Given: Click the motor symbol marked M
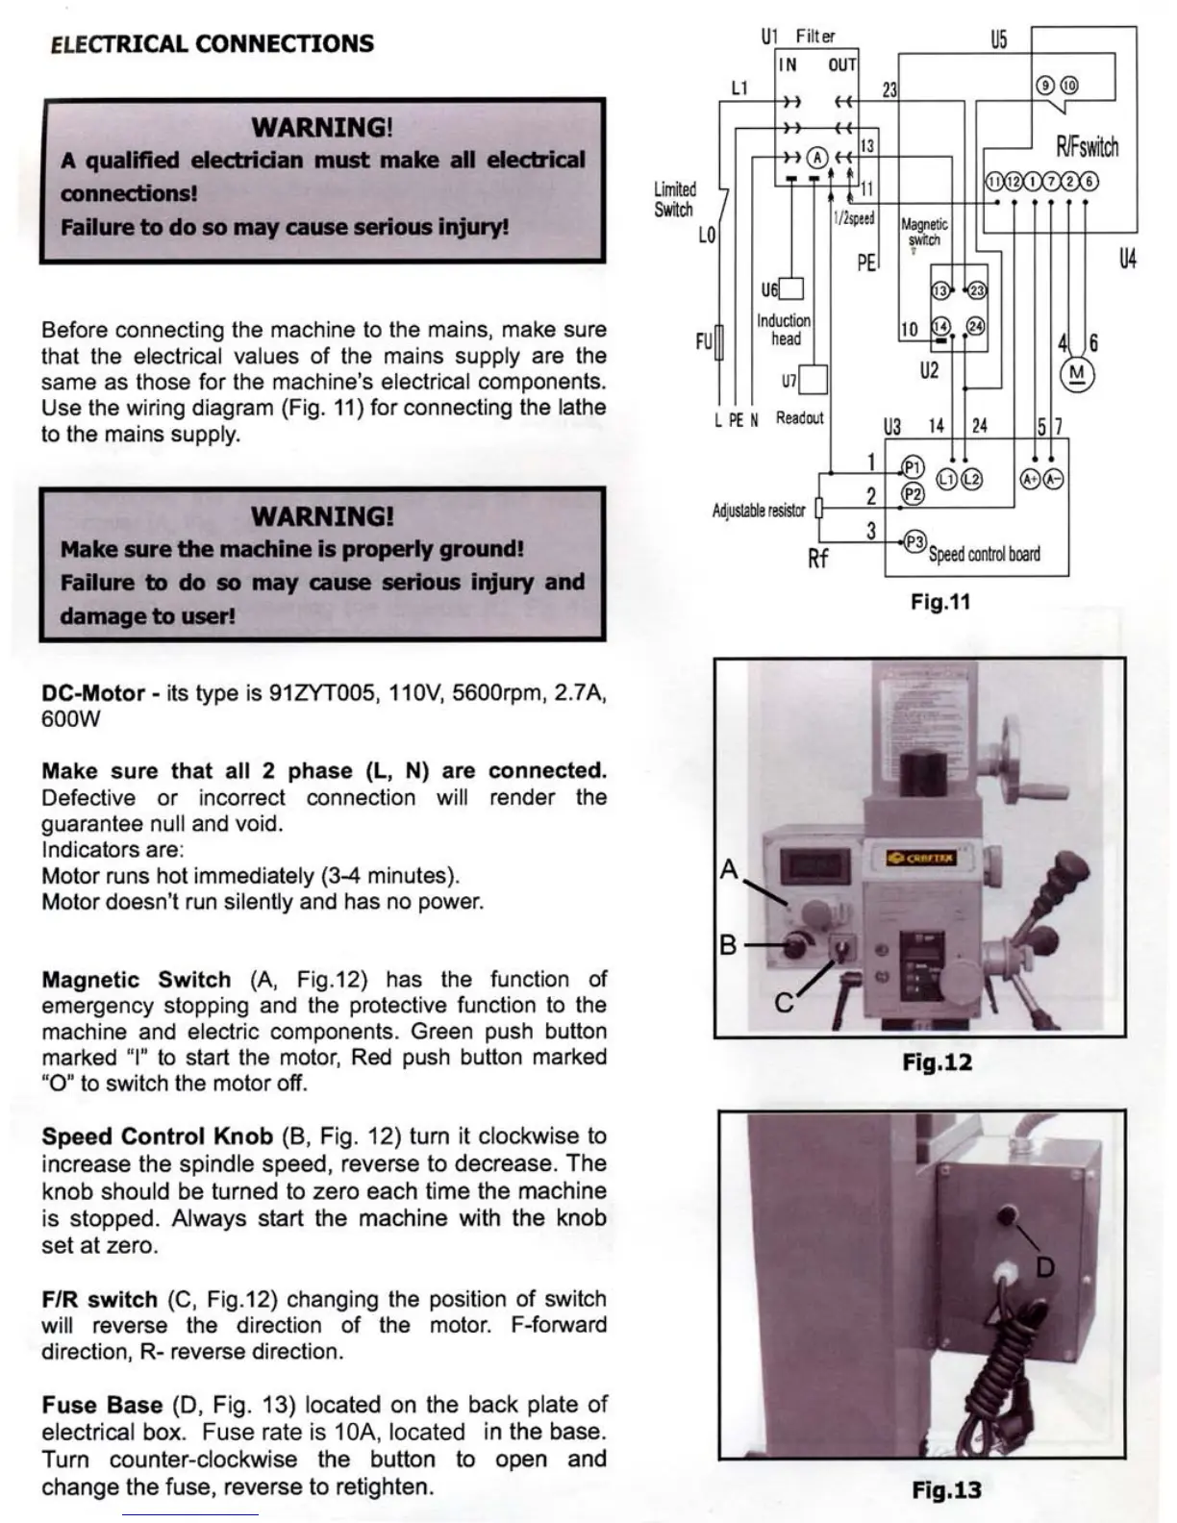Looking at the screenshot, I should point(1077,374).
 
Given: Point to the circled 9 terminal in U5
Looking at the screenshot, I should point(1045,85).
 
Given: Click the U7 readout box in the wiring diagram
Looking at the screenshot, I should point(814,380).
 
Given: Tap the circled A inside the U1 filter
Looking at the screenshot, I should point(816,157).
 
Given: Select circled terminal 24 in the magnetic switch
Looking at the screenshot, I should point(975,327).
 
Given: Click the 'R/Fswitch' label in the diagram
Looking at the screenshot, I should point(1088,147).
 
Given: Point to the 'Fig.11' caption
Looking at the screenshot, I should point(940,603).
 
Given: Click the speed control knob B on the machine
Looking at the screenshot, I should point(795,945).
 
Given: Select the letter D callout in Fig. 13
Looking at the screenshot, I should point(1044,1266).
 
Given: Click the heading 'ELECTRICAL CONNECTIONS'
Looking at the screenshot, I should point(212,43).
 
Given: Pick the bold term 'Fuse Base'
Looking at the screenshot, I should point(101,1405).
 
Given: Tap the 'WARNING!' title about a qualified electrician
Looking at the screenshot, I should point(322,127).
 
